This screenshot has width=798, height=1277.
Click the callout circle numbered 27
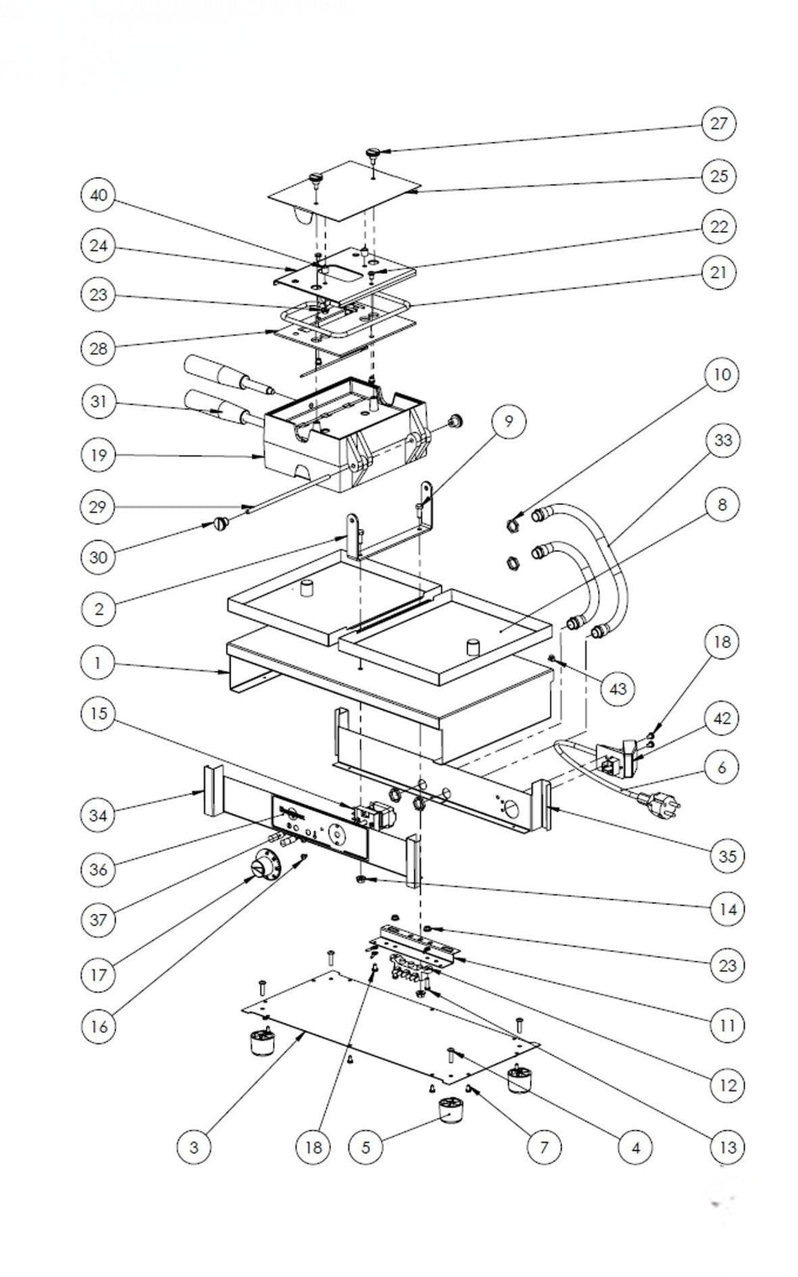tap(719, 123)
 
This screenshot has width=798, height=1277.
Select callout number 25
tap(719, 176)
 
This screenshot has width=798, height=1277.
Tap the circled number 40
tap(98, 196)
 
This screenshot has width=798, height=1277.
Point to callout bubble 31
tap(98, 402)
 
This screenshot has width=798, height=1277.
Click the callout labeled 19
tap(98, 455)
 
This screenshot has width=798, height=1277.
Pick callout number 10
tap(722, 374)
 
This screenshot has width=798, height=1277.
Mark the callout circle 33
tap(722, 440)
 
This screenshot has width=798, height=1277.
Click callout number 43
tap(618, 688)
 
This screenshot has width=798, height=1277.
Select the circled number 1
tap(98, 662)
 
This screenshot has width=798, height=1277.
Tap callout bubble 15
tap(98, 713)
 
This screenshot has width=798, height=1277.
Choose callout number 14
tap(727, 908)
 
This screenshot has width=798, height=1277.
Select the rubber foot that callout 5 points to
tap(454, 1114)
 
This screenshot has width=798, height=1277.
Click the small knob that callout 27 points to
tap(373, 153)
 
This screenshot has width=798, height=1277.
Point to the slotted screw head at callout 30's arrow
tap(220, 526)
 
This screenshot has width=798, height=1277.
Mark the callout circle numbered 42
tap(722, 719)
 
